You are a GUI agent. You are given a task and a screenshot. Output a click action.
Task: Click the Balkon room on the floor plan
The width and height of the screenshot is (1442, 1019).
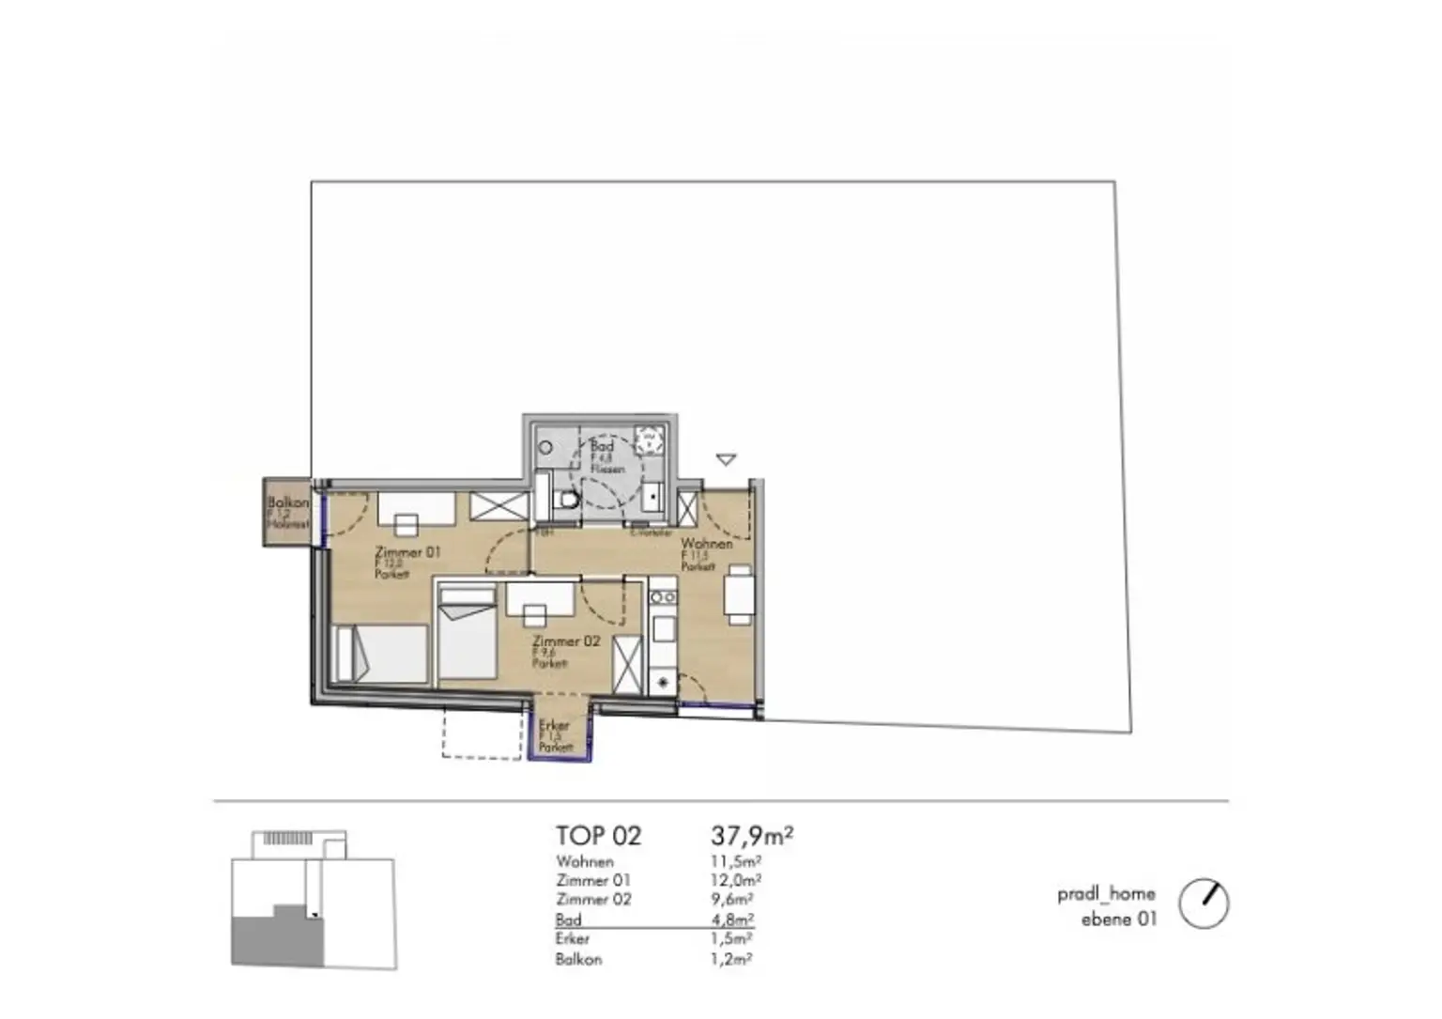(287, 513)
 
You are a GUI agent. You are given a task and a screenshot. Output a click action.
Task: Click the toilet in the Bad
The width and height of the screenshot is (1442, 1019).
(566, 499)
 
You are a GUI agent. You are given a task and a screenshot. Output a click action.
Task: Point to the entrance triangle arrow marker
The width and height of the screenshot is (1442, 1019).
(726, 460)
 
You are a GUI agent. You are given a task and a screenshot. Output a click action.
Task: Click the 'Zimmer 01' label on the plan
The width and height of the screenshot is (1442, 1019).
(407, 552)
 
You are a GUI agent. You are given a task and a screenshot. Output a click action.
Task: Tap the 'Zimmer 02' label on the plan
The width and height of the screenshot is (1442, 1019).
(565, 641)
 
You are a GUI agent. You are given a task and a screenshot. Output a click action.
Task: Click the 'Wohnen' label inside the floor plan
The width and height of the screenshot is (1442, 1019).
(706, 544)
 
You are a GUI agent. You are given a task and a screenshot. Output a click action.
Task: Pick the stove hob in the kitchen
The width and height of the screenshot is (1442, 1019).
(662, 596)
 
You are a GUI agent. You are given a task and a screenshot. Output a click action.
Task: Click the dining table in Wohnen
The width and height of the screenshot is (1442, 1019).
(739, 594)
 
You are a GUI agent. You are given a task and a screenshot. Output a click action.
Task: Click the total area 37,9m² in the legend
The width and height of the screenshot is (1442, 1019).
(752, 834)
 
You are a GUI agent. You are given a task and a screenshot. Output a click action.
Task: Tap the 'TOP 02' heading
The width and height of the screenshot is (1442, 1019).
(598, 836)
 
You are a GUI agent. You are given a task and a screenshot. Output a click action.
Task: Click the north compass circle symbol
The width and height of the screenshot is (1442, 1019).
(1204, 903)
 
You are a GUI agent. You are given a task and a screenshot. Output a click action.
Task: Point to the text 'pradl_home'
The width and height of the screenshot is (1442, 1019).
(1106, 893)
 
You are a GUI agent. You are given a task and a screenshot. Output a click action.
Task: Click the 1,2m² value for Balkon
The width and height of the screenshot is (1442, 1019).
(732, 959)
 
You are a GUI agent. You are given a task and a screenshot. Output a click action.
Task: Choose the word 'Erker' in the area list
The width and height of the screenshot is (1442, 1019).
(573, 938)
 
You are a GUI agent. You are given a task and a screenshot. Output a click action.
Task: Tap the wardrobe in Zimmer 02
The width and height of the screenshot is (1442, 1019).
(627, 665)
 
